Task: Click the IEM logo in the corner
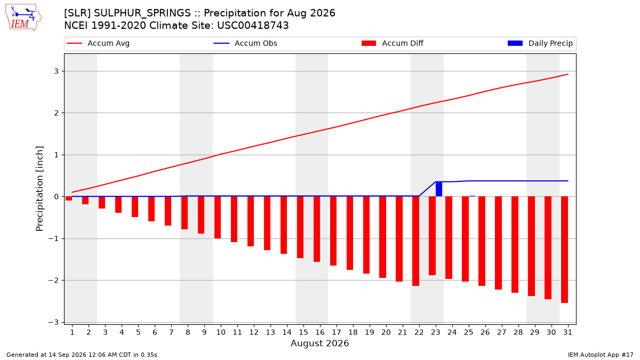pyautogui.click(x=23, y=18)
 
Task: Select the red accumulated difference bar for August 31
pyautogui.click(x=564, y=250)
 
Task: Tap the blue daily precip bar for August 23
pyautogui.click(x=439, y=189)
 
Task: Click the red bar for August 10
pyautogui.click(x=218, y=218)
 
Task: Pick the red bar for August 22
pyautogui.click(x=415, y=241)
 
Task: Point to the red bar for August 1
pyautogui.click(x=69, y=198)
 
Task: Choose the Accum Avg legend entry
pyautogui.click(x=98, y=43)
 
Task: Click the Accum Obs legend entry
pyautogui.click(x=245, y=43)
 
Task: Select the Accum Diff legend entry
pyautogui.click(x=393, y=43)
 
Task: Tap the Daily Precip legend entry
pyautogui.click(x=540, y=43)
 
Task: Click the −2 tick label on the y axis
pyautogui.click(x=53, y=281)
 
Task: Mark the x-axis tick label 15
pyautogui.click(x=303, y=332)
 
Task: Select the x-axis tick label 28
pyautogui.click(x=518, y=332)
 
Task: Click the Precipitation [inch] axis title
pyautogui.click(x=39, y=189)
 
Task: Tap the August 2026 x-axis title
pyautogui.click(x=320, y=343)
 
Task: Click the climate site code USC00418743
pyautogui.click(x=253, y=26)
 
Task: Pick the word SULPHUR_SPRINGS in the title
pyautogui.click(x=142, y=13)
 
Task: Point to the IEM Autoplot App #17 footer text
pyautogui.click(x=601, y=355)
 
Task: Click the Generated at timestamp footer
pyautogui.click(x=82, y=355)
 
